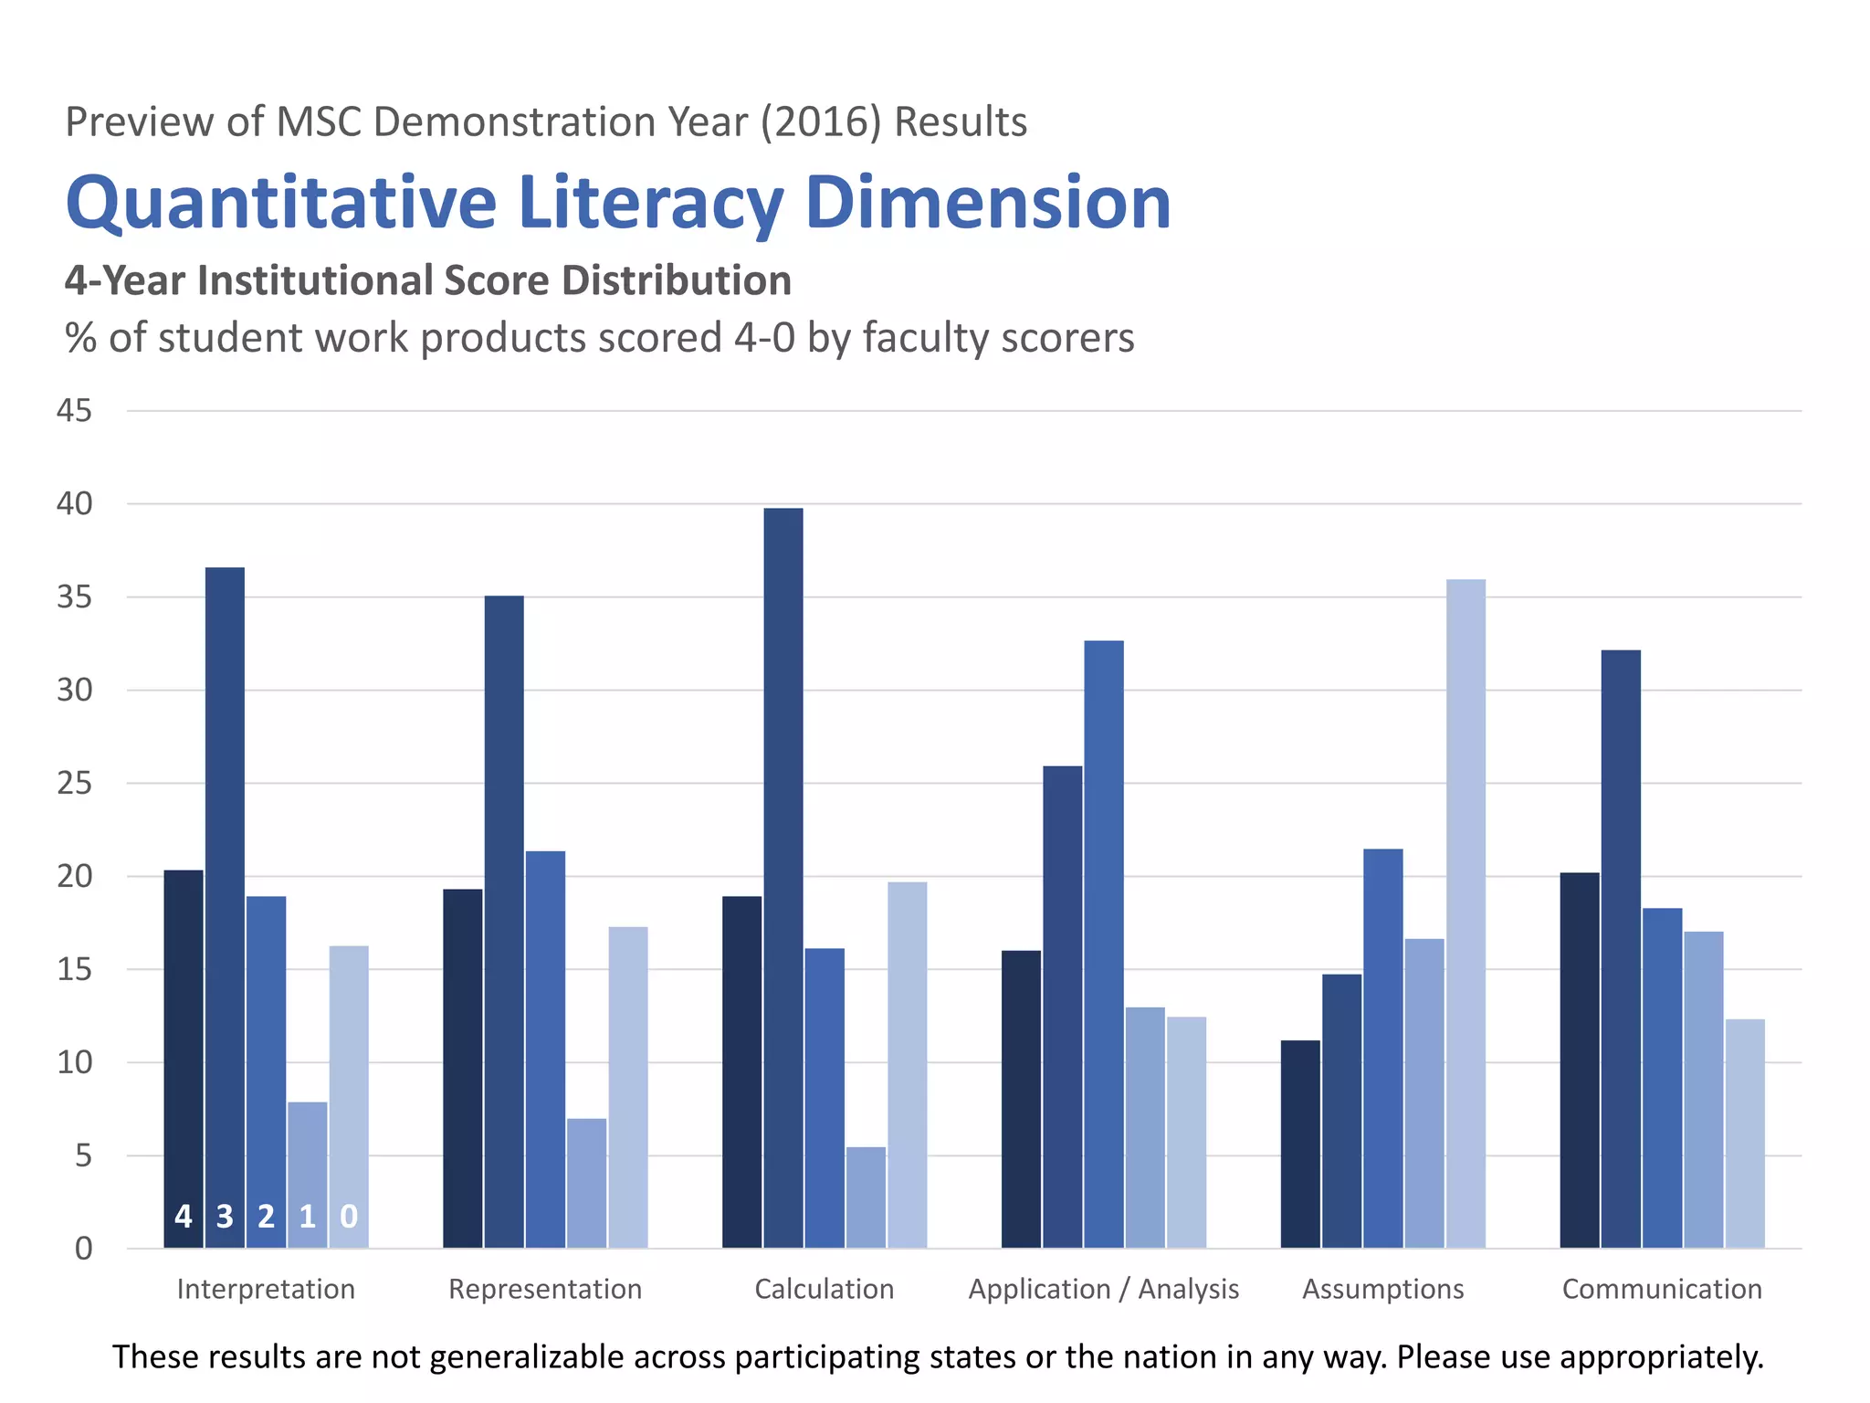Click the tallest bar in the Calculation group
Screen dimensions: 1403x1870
(783, 877)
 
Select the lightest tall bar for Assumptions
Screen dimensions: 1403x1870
(1466, 913)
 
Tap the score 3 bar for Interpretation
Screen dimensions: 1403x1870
(225, 904)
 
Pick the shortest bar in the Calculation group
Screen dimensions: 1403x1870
(866, 1197)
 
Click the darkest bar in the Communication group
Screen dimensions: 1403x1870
(1579, 1060)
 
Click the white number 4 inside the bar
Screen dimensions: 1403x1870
(184, 1216)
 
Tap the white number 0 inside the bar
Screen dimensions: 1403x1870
(349, 1216)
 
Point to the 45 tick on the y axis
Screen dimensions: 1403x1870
(75, 411)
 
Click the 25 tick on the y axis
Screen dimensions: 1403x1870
(75, 784)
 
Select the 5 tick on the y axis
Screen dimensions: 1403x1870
(83, 1156)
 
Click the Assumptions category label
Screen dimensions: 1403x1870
(1382, 1289)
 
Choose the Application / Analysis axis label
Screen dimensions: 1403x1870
(1103, 1289)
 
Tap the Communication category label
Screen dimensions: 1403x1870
(1662, 1289)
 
